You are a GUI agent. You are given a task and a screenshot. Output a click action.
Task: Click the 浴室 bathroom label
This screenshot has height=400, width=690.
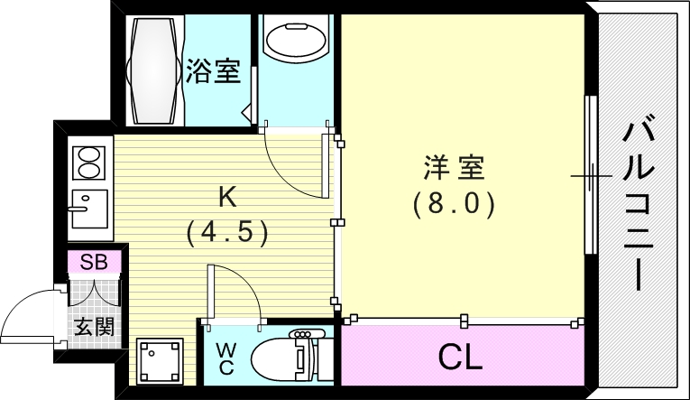tap(214, 70)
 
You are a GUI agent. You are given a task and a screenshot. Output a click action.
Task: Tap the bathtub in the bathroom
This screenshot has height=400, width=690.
tap(154, 70)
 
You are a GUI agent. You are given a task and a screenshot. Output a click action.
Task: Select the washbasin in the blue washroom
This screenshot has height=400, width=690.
tap(295, 42)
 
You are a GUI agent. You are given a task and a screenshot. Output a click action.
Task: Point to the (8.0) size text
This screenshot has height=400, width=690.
tap(455, 205)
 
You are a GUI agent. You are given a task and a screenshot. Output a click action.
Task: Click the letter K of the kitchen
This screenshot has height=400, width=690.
tap(227, 195)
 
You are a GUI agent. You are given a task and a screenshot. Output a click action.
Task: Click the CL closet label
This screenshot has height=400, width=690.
tap(460, 358)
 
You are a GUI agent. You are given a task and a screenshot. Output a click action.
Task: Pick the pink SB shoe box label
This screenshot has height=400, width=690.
tap(92, 263)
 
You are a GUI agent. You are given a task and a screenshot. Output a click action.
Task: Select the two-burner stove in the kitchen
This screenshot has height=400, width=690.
tap(89, 163)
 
